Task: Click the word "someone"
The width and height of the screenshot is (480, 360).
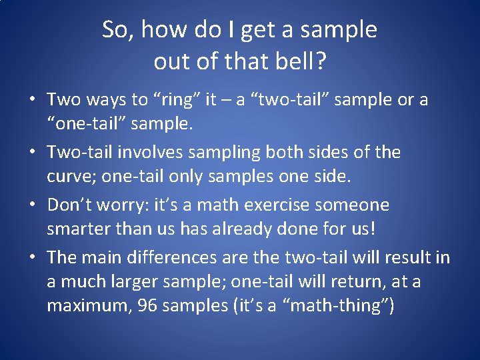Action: point(357,205)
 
